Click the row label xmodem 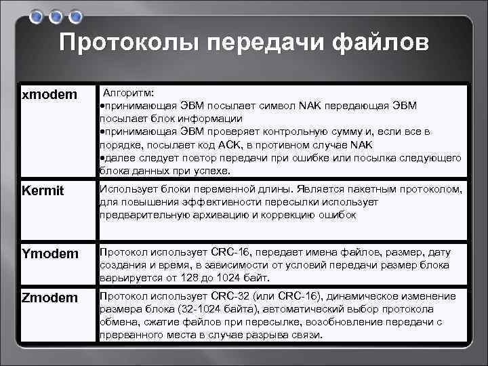[49, 95]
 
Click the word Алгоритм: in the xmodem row [128, 91]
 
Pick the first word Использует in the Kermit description [129, 188]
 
